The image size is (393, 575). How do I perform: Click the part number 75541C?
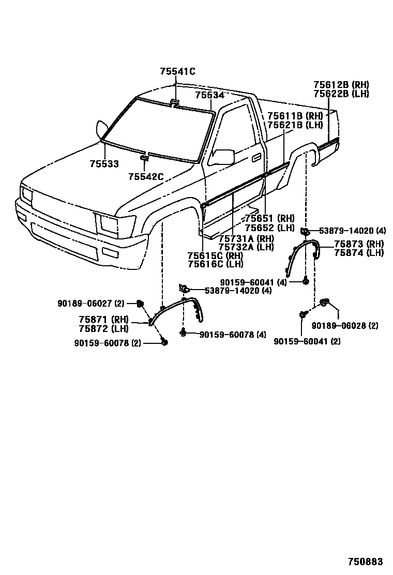click(x=177, y=71)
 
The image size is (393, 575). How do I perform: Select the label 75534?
click(x=209, y=95)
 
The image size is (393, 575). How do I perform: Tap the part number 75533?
click(x=104, y=164)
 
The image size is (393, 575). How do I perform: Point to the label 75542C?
click(x=146, y=177)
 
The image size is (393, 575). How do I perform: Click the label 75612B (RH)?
click(x=341, y=85)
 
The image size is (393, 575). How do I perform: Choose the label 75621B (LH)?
click(x=295, y=125)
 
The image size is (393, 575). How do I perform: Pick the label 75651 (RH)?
click(x=269, y=219)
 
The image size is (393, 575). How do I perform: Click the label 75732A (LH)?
click(x=246, y=247)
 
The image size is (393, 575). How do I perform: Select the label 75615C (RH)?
click(x=216, y=255)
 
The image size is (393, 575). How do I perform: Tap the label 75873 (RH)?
click(x=359, y=244)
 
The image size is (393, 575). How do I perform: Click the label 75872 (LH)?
click(x=104, y=328)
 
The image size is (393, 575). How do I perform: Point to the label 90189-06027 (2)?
click(x=91, y=304)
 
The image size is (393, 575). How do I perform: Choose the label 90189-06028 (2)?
click(x=345, y=325)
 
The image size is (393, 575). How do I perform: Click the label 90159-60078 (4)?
click(x=233, y=335)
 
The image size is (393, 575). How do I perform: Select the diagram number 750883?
click(x=365, y=562)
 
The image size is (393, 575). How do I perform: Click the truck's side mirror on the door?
click(x=223, y=156)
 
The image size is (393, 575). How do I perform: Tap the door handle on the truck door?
click(x=256, y=158)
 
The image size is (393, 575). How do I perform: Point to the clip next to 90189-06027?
click(x=140, y=303)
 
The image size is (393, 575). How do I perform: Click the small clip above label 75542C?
click(x=145, y=158)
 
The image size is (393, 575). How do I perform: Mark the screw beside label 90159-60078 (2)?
click(x=164, y=342)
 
